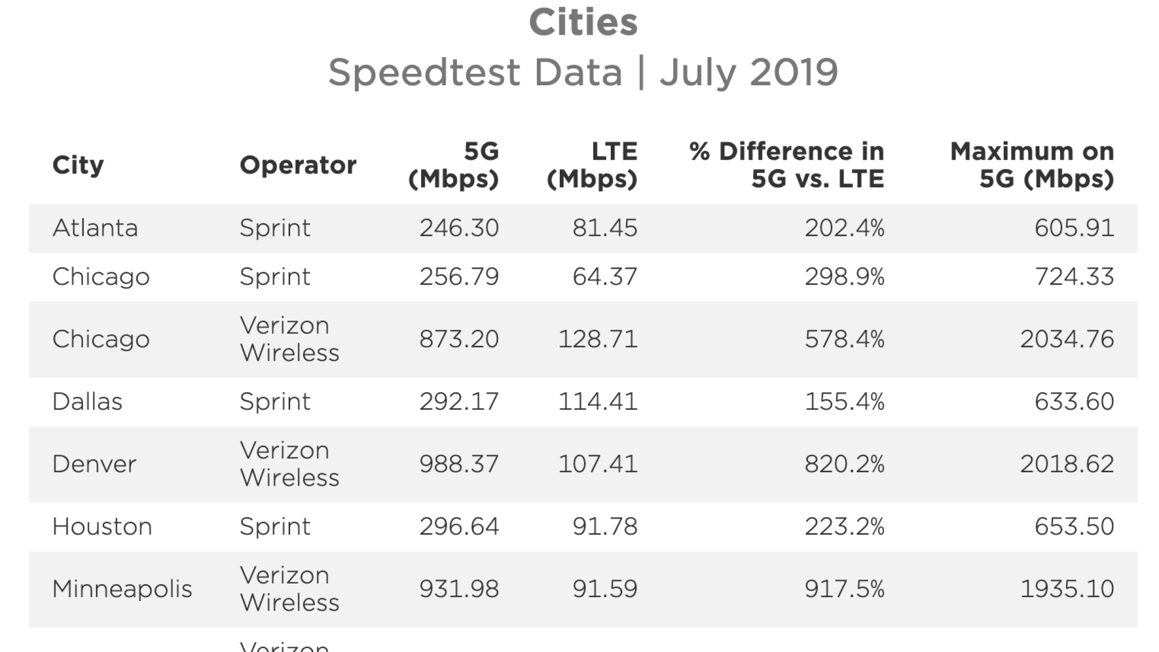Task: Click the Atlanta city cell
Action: point(95,228)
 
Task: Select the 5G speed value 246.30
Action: point(459,228)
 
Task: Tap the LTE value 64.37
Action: point(604,277)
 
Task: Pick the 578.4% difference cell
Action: point(844,339)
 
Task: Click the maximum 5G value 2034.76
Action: point(1067,339)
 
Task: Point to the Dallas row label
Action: point(87,402)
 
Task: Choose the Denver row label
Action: point(94,464)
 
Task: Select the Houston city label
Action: point(102,526)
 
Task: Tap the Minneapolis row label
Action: point(122,589)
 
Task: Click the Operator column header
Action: point(298,165)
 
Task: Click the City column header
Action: point(78,165)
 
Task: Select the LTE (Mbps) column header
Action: point(592,165)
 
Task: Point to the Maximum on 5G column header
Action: point(1032,165)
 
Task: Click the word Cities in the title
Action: point(583,22)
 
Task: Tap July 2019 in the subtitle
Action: point(748,72)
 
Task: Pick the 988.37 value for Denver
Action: point(459,464)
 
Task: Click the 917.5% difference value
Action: point(844,589)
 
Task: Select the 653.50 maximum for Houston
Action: point(1074,526)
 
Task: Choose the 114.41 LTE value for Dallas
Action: point(598,402)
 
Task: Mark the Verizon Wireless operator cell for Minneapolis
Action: point(289,589)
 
